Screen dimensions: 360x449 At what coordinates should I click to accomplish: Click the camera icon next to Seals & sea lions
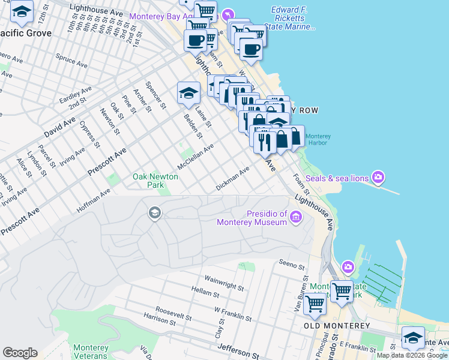point(378,177)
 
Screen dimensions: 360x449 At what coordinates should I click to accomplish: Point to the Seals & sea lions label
point(337,178)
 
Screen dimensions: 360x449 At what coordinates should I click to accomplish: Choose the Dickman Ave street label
point(232,179)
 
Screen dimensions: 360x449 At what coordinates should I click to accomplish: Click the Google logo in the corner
point(20,353)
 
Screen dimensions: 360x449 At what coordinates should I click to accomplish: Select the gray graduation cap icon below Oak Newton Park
point(154,212)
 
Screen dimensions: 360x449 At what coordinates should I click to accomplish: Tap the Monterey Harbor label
point(318,139)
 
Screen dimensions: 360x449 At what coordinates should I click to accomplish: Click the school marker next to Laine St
point(188,94)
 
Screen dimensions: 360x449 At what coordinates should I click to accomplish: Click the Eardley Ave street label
point(75,95)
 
